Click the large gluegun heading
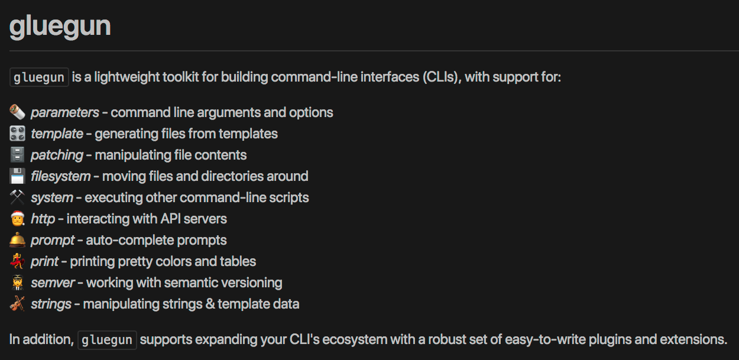point(60,26)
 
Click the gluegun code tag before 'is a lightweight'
point(39,77)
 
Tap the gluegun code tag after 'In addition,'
point(107,340)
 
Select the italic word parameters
point(65,112)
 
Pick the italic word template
point(57,134)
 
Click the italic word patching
point(57,155)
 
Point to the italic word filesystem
point(60,176)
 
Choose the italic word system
point(52,197)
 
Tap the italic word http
point(43,219)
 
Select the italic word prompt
point(53,240)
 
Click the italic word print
point(45,261)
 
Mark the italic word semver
point(53,283)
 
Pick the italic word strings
point(51,304)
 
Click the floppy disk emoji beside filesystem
point(17,176)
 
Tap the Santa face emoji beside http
point(17,219)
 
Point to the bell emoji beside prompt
point(17,240)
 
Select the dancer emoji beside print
point(17,261)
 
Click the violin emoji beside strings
point(17,304)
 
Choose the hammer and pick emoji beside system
point(17,197)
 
